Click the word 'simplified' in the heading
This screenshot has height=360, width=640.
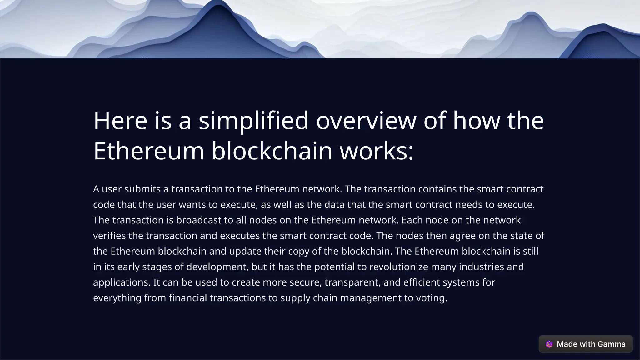(x=253, y=121)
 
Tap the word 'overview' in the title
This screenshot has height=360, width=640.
(x=366, y=121)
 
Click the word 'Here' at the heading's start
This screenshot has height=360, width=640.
(x=120, y=121)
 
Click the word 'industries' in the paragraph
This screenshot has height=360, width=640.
(x=481, y=267)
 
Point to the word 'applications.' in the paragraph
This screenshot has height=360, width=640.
(x=122, y=282)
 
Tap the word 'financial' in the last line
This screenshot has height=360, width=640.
(x=188, y=298)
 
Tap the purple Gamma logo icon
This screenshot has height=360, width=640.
(x=549, y=344)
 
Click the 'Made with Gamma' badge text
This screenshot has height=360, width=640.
(x=591, y=344)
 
